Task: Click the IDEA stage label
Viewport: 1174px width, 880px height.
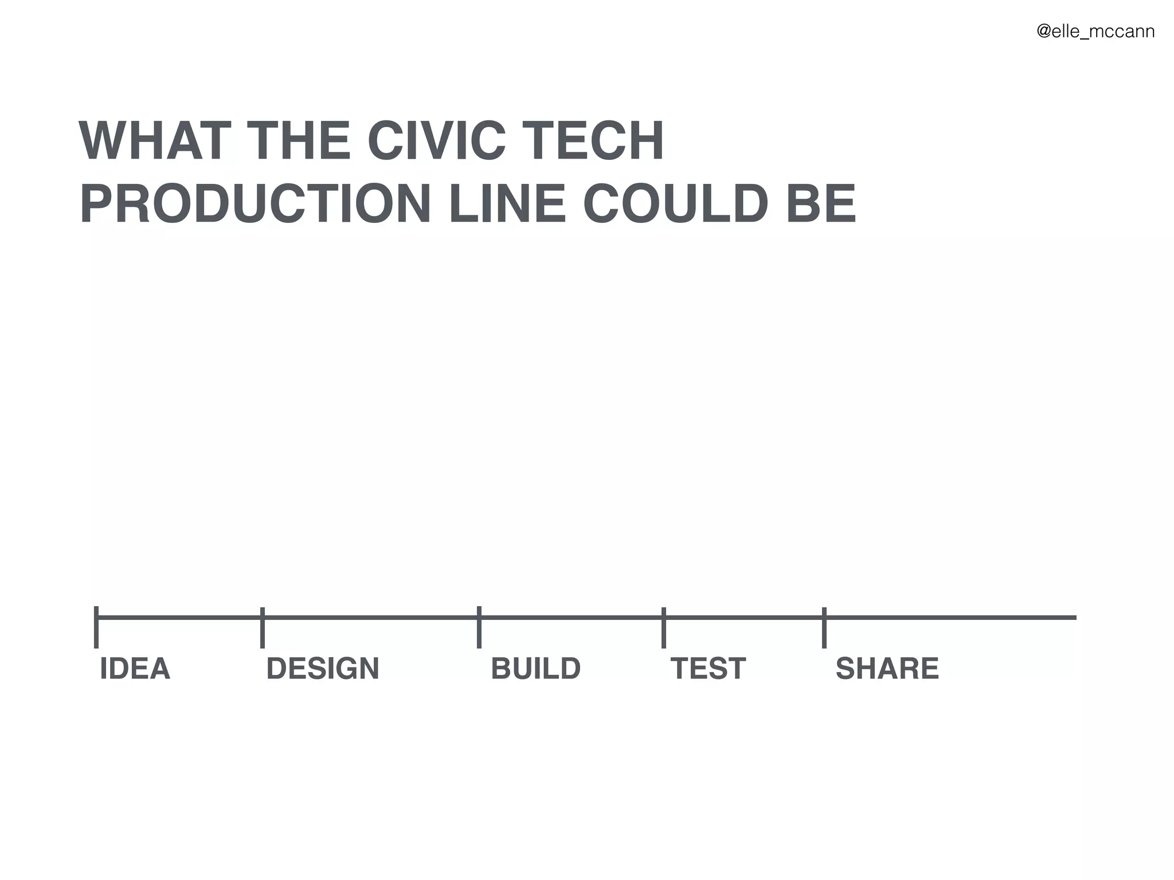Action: (x=135, y=669)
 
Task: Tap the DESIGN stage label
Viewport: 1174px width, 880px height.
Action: (x=323, y=669)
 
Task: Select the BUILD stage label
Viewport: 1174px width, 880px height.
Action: (x=535, y=669)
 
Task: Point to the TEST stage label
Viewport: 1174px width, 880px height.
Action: (x=708, y=669)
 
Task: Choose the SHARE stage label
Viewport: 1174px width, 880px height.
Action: (x=887, y=669)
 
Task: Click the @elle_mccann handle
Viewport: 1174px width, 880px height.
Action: (x=1095, y=32)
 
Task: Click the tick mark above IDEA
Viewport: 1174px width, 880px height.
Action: (x=96, y=627)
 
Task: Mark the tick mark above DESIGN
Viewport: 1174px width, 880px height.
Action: (x=262, y=627)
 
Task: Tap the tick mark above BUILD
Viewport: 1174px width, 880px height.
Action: (x=479, y=627)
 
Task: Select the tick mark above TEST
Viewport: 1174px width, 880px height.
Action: (x=663, y=627)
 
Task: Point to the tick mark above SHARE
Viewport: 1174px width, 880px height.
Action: (x=824, y=627)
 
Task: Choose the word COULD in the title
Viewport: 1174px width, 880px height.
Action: (x=676, y=204)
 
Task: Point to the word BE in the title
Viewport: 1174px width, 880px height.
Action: (x=821, y=204)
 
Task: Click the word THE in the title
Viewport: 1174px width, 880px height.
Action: (x=299, y=141)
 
